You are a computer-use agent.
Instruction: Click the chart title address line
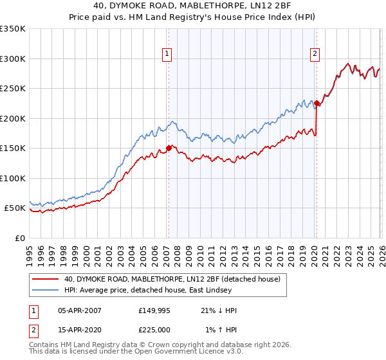coord(193,6)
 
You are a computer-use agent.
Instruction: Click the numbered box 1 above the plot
coord(167,55)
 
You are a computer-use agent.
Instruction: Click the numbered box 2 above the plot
coord(315,55)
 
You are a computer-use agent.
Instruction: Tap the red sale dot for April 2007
coord(169,148)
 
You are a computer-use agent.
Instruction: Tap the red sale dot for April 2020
coord(317,103)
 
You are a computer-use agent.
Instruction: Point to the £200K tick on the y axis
coord(13,118)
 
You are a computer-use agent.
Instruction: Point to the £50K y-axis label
coord(14,208)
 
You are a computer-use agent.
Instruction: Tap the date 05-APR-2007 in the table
coord(79,310)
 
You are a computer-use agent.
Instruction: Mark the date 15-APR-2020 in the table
coord(79,330)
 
